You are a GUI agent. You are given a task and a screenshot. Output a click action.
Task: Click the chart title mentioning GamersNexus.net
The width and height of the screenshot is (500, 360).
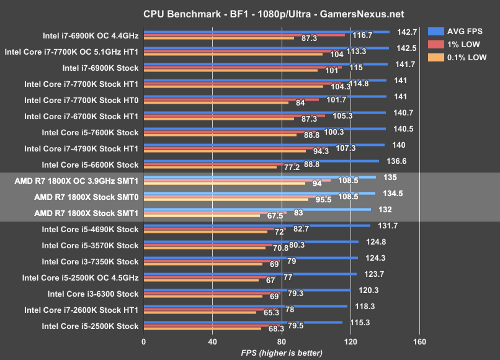click(250, 12)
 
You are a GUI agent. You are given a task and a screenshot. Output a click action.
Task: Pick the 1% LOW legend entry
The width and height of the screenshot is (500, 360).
click(460, 44)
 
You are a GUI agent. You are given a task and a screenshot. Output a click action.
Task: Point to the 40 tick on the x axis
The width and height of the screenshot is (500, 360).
click(212, 341)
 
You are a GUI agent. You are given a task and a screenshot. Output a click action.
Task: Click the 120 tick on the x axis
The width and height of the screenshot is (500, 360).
click(350, 341)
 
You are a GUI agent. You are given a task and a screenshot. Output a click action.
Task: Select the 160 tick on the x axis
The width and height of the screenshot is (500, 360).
click(419, 341)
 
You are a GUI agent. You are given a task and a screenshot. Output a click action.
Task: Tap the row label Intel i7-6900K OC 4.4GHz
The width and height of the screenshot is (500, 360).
click(90, 35)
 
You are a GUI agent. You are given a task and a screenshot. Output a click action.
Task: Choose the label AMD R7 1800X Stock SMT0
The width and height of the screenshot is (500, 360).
click(86, 197)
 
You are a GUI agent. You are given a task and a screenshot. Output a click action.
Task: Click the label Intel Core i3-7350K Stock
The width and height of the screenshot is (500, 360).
click(89, 261)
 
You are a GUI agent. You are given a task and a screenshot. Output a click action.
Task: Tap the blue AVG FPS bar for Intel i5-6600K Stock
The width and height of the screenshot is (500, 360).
click(261, 160)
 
